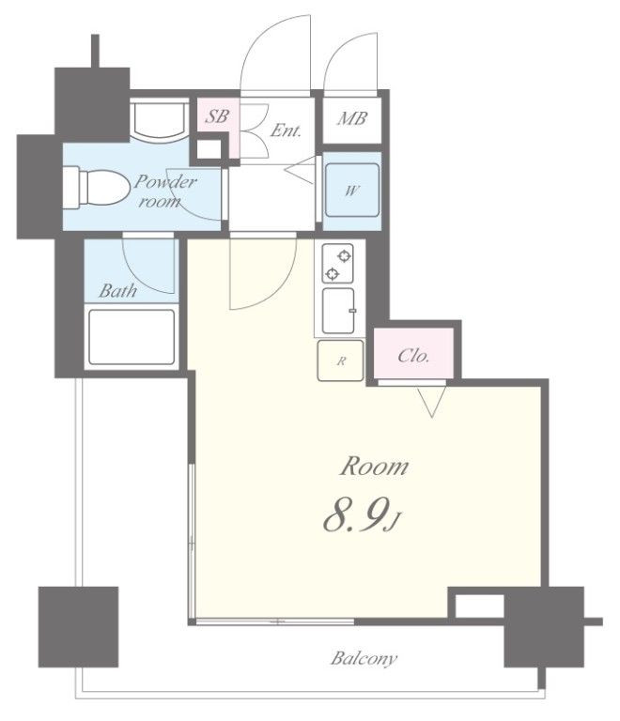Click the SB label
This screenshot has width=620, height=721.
(216, 115)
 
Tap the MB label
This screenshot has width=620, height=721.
(352, 118)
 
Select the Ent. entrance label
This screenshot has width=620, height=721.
(286, 130)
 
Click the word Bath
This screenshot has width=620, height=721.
(117, 291)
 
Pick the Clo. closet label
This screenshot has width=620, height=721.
(413, 356)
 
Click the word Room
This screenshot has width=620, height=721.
(374, 467)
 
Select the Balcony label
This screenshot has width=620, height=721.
(364, 658)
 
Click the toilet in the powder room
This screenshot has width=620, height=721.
(97, 188)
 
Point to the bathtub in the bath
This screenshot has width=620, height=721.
(132, 337)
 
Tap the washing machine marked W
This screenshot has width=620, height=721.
(352, 190)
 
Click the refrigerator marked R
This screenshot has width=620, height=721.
(340, 360)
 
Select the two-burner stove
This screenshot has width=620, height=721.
(337, 264)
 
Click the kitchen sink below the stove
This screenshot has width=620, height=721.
(338, 311)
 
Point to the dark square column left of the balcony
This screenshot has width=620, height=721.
(78, 626)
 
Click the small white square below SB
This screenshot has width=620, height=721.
(209, 149)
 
